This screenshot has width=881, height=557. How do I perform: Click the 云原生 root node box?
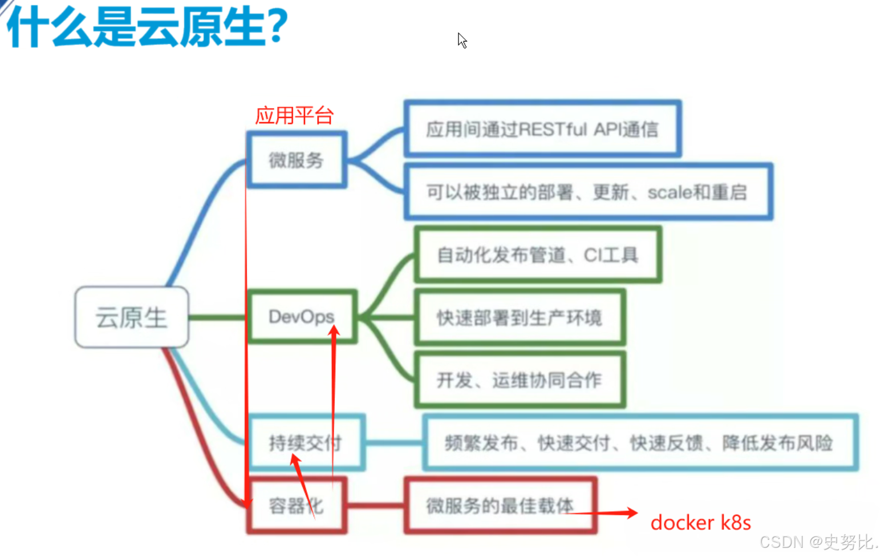click(x=132, y=317)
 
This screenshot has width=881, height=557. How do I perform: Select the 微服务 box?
click(x=297, y=160)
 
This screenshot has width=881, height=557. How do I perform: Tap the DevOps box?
click(x=302, y=316)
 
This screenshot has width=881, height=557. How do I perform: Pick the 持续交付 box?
click(x=306, y=442)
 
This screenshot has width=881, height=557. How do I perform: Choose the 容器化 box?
click(x=297, y=506)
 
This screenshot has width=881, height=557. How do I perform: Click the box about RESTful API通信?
click(x=542, y=129)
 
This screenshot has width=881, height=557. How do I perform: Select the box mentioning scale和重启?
click(x=587, y=192)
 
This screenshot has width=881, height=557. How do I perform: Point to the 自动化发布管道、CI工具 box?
click(x=538, y=255)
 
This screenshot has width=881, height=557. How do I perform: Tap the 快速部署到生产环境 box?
click(x=519, y=317)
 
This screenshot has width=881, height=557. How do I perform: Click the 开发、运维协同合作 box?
click(x=519, y=380)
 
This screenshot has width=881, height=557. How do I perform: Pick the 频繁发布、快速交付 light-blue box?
click(x=639, y=442)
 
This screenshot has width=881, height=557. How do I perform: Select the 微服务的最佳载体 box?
click(x=500, y=506)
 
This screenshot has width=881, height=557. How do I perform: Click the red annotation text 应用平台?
click(x=294, y=115)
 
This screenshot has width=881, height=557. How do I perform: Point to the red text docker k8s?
click(x=700, y=523)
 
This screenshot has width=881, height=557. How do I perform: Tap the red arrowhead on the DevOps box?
click(x=334, y=330)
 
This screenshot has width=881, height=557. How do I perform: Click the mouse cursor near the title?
click(x=462, y=41)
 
